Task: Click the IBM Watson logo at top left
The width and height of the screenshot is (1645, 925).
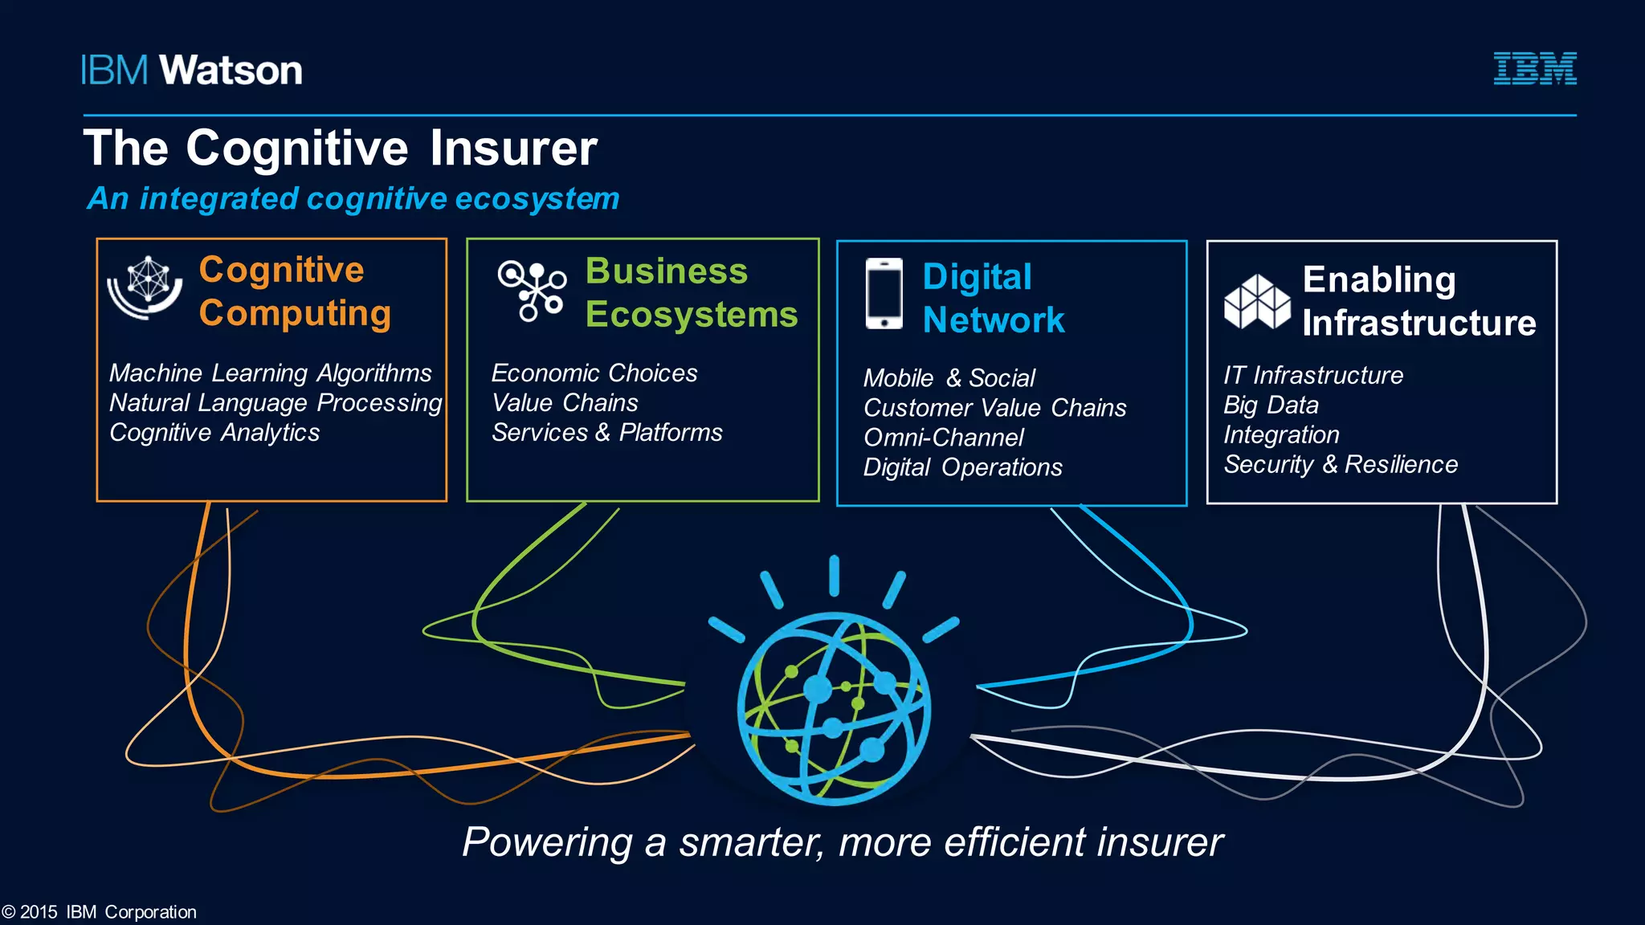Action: pos(191,71)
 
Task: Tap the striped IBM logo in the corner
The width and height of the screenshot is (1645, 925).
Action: pos(1534,68)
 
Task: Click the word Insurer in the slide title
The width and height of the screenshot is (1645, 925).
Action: pos(513,149)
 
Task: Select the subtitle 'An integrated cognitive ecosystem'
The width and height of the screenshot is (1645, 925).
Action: pos(353,198)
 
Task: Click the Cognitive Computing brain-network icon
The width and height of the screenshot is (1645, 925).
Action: pos(146,287)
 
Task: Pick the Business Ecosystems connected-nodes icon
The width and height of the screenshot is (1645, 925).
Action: pos(532,291)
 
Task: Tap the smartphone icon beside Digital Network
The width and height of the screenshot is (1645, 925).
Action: pos(884,293)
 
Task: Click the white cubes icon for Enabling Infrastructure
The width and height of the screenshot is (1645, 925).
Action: pos(1256,302)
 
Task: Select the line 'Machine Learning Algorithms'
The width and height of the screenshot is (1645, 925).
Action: pos(271,373)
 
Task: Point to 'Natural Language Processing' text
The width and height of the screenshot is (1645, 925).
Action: pos(276,402)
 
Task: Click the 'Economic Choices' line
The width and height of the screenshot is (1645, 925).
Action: pos(594,373)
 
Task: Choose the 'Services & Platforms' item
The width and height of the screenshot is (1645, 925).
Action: pos(607,432)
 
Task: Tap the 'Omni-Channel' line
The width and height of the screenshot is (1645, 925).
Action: pos(944,438)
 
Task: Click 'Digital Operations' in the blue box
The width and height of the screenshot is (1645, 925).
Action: pos(962,467)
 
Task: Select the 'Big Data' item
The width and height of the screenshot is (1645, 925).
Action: pos(1271,405)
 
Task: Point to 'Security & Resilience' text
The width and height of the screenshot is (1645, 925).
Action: pos(1341,464)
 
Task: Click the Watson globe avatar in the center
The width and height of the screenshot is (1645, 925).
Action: pos(834,707)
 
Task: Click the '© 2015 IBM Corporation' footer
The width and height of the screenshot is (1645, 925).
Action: pos(99,912)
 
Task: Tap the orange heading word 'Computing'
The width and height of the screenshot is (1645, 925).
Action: pos(295,313)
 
